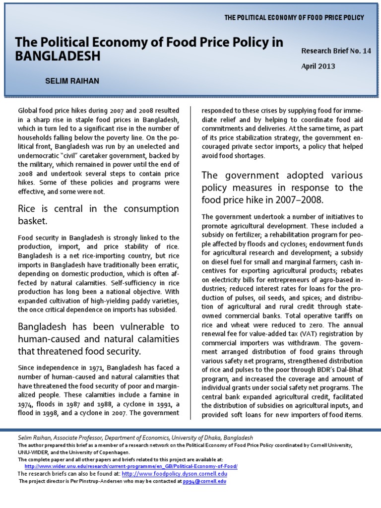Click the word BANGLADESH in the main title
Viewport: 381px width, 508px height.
pyautogui.click(x=58, y=56)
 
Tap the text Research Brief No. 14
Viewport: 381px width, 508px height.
pyautogui.click(x=336, y=51)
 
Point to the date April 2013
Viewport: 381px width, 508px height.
pyautogui.click(x=318, y=66)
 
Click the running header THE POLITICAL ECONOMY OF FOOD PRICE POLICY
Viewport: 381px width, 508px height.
pyautogui.click(x=294, y=18)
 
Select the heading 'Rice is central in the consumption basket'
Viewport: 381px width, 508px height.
pyautogui.click(x=98, y=214)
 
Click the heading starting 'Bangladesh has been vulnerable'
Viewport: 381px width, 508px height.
pyautogui.click(x=98, y=339)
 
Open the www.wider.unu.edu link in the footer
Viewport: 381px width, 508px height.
pyautogui.click(x=131, y=467)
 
